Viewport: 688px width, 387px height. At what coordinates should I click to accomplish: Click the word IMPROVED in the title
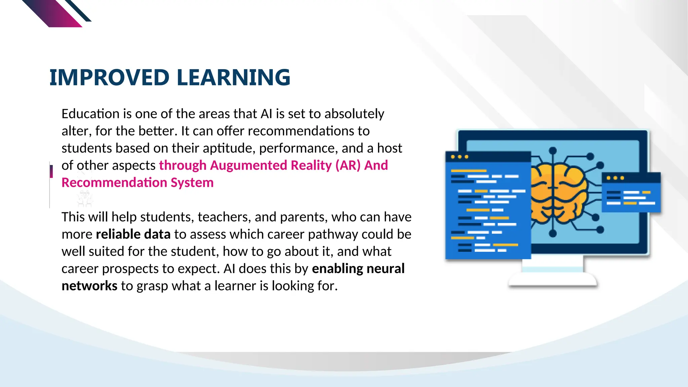point(109,78)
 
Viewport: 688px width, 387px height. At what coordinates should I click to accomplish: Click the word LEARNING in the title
point(233,78)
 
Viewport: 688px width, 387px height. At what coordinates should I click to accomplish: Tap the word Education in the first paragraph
point(90,114)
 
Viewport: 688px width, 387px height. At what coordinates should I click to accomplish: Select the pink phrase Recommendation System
point(137,183)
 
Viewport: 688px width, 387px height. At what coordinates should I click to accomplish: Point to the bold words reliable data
point(133,234)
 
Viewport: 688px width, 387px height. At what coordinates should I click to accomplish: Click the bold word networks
point(89,286)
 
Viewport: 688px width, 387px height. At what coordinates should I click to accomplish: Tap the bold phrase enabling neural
point(358,269)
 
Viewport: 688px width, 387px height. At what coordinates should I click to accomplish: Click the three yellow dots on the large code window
point(459,157)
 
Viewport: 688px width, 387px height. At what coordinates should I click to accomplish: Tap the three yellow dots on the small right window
point(615,178)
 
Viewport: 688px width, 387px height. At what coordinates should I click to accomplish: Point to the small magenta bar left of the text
point(51,171)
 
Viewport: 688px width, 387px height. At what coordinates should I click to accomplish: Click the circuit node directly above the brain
point(553,150)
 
